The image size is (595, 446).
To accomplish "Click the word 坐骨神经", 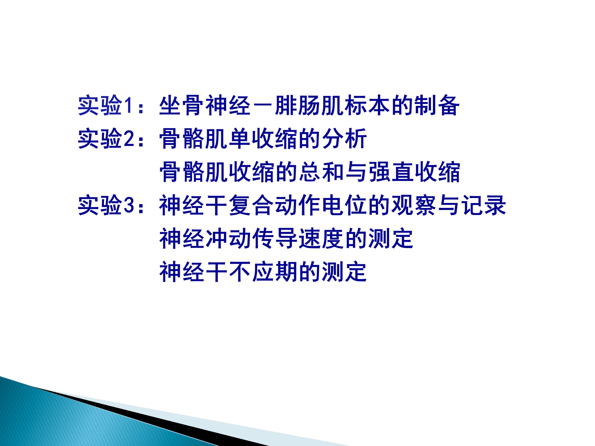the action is pos(205,105).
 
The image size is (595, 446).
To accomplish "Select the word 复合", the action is pos(251,205).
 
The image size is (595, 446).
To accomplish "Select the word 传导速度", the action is pos(298,238).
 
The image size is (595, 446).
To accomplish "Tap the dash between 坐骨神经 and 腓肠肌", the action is pos(263,105).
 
